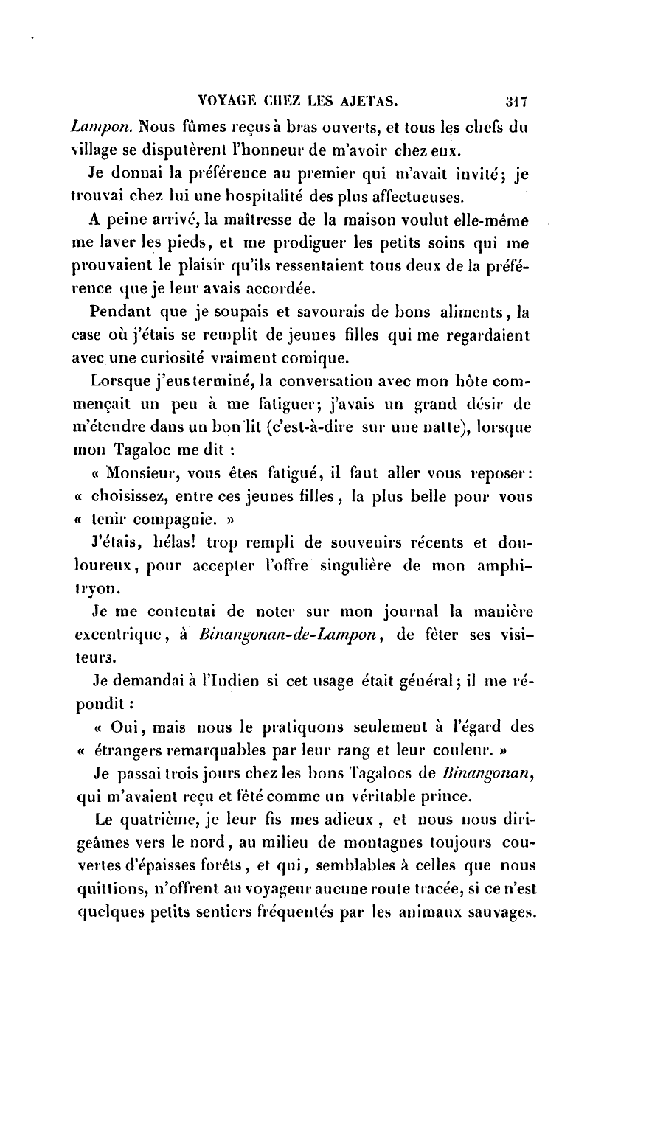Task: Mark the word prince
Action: pos(431,797)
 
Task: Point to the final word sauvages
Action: pos(500,912)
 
